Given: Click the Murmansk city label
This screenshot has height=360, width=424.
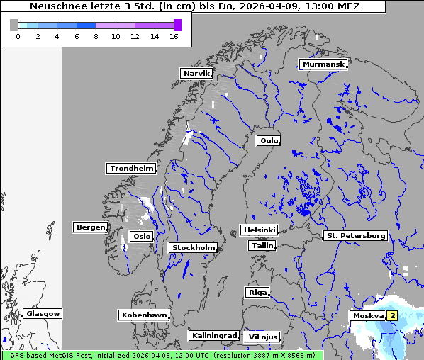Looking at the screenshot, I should tap(323, 64).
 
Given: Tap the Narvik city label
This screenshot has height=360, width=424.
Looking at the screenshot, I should tap(196, 74).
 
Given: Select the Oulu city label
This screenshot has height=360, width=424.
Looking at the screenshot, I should tap(268, 141).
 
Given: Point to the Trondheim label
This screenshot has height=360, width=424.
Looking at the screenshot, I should tap(130, 169).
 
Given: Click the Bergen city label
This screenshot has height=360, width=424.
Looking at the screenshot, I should tap(89, 227).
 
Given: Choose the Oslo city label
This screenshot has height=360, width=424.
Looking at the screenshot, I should tap(141, 237).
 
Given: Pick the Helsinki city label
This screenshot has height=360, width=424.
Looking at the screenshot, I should tap(259, 230).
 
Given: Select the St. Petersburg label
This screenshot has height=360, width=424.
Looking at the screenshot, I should tap(355, 235).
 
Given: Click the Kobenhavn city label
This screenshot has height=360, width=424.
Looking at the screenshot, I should tap(144, 315).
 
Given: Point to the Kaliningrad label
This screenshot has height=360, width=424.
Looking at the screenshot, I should tap(213, 335).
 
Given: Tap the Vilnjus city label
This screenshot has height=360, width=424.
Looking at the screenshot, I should tap(262, 337).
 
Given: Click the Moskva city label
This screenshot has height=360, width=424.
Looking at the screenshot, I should tap(367, 316).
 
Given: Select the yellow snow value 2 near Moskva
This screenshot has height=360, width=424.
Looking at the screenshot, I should tap(391, 316).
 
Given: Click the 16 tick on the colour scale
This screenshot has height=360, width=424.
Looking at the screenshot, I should tap(174, 35).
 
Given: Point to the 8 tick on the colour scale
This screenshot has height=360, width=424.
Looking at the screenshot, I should tap(96, 35).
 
